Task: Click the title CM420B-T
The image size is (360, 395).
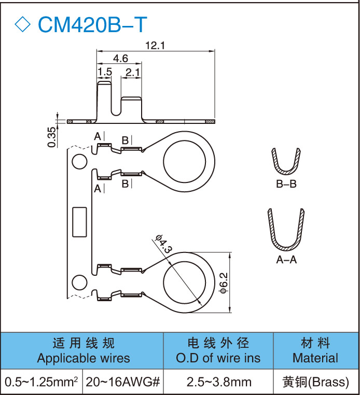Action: click(92, 24)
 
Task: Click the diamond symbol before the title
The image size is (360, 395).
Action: click(23, 24)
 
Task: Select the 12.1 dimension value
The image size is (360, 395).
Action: click(155, 46)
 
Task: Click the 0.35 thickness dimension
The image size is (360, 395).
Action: click(51, 136)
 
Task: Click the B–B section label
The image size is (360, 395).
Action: click(286, 184)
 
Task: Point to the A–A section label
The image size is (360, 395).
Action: click(286, 260)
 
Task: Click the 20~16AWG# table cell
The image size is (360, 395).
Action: click(122, 383)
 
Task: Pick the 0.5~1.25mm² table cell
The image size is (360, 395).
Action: click(41, 383)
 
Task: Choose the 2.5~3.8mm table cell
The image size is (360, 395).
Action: click(218, 383)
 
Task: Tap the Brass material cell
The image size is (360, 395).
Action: click(315, 383)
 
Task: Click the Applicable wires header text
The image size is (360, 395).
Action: click(84, 358)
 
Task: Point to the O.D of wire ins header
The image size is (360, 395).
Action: click(218, 358)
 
